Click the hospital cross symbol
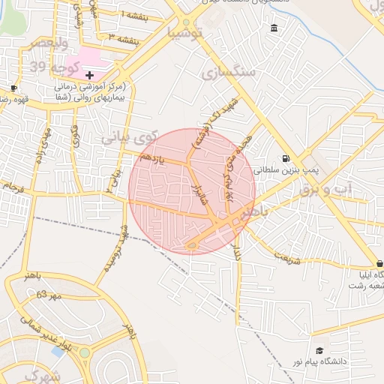click(90, 75)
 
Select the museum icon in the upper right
click(273, 28)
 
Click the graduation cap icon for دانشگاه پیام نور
click(319, 350)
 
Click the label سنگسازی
click(229, 72)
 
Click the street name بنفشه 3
click(122, 37)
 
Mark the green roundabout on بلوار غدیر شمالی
click(85, 352)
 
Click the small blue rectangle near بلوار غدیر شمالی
click(58, 351)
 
